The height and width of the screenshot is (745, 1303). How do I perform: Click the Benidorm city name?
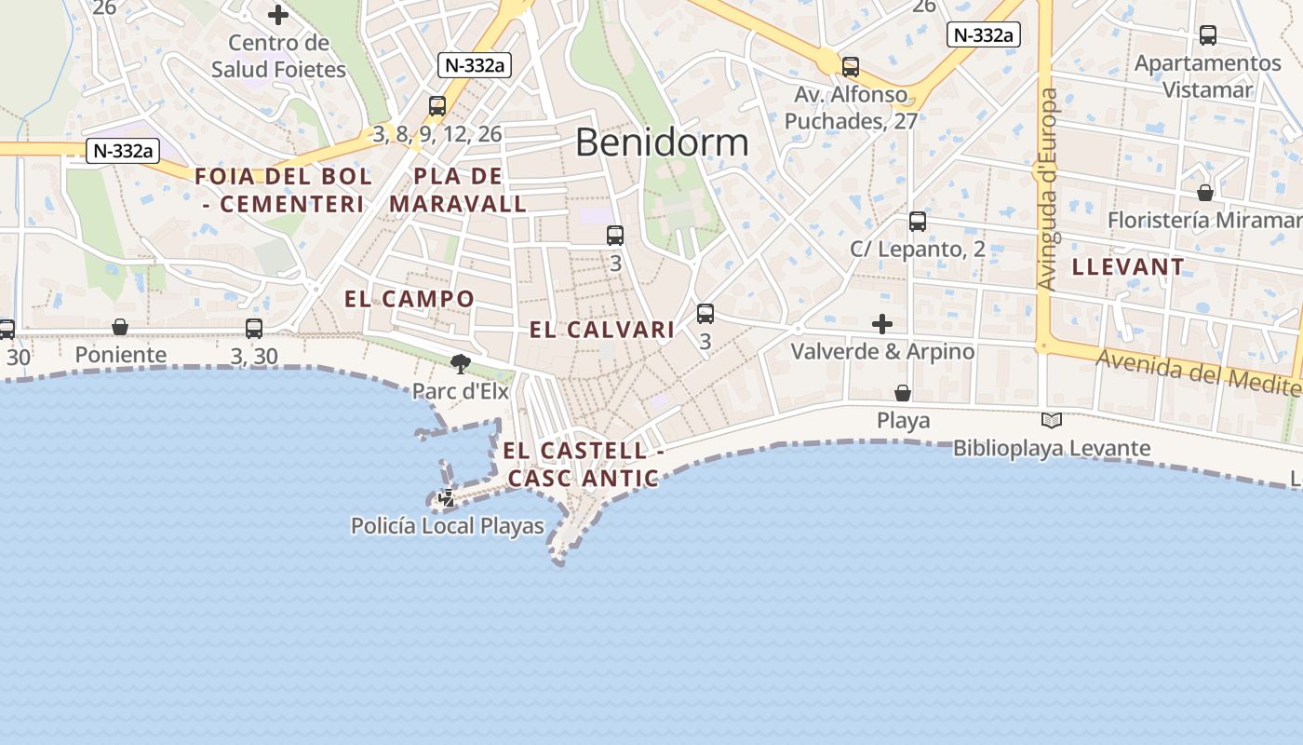[x=662, y=142]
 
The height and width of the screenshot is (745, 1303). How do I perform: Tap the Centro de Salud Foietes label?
[x=278, y=56]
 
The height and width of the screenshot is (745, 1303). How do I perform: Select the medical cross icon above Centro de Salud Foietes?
[x=277, y=15]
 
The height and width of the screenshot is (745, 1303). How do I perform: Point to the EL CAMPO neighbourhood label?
[x=410, y=299]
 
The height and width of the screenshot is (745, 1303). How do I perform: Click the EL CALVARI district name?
[x=602, y=330]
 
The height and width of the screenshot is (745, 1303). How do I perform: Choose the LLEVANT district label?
[x=1128, y=267]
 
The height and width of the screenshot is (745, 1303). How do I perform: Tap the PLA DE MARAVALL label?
[x=458, y=190]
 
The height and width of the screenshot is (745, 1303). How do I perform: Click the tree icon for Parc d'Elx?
[x=460, y=364]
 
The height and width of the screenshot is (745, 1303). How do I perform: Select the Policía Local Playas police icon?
[x=447, y=498]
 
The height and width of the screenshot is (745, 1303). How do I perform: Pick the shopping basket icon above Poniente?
[x=120, y=327]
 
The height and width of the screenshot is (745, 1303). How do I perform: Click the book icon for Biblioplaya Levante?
[x=1052, y=421]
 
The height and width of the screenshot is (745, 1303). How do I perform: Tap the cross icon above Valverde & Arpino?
[x=882, y=324]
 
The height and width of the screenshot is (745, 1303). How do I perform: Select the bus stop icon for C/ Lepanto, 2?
[x=918, y=222]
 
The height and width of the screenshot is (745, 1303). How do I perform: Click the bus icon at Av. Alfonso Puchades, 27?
[x=851, y=67]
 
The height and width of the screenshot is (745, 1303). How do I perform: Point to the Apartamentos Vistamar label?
[x=1208, y=76]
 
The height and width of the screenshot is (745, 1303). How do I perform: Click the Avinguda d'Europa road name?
[x=1049, y=189]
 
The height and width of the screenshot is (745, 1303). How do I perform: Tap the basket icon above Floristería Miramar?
[x=1205, y=193]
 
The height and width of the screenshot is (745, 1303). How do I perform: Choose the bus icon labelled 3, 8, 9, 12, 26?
[x=437, y=106]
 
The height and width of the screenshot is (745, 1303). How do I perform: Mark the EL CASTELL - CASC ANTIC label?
[x=583, y=465]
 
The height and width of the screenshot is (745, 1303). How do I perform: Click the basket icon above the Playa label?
[x=902, y=393]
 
